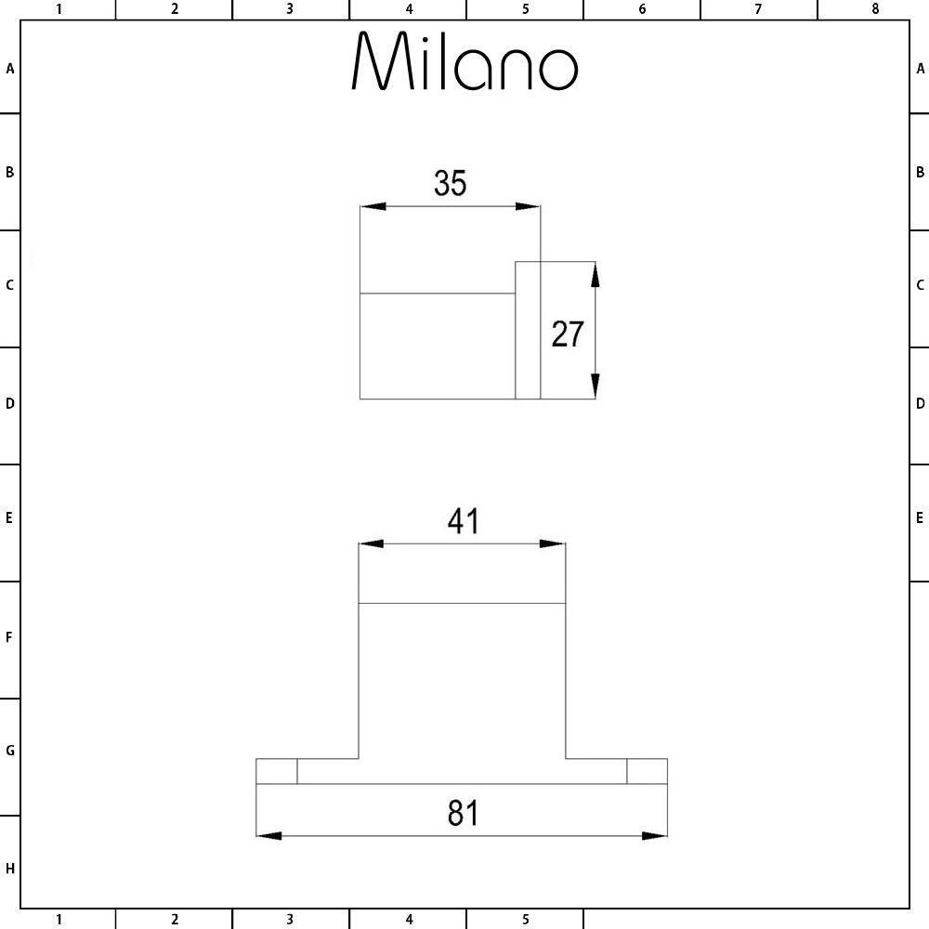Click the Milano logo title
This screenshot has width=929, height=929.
click(x=464, y=61)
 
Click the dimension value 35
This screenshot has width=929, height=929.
click(x=451, y=183)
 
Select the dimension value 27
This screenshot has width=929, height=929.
click(x=568, y=334)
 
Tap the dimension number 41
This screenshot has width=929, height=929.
click(x=463, y=521)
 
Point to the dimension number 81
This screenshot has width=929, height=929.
click(x=463, y=813)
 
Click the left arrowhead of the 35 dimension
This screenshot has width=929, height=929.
click(x=373, y=206)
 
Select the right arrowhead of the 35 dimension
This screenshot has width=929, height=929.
click(x=528, y=206)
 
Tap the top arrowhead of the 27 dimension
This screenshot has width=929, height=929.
click(x=595, y=274)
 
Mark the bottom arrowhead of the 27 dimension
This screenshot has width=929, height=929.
click(x=595, y=386)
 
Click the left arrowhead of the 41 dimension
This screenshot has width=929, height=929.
click(x=372, y=543)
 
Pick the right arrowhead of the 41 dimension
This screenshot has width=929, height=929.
click(x=553, y=543)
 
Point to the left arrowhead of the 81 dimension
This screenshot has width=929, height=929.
click(x=269, y=835)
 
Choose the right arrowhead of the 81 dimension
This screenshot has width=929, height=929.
click(x=655, y=835)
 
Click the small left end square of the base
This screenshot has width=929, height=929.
click(x=277, y=771)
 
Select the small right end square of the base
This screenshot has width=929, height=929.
click(x=647, y=771)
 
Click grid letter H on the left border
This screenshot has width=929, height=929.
click(x=9, y=869)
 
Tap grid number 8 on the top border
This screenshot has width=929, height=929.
click(x=875, y=9)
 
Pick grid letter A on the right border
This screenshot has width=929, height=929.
click(x=920, y=69)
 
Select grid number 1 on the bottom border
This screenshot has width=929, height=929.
click(x=58, y=920)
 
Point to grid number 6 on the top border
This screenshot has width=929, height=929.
click(x=642, y=9)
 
